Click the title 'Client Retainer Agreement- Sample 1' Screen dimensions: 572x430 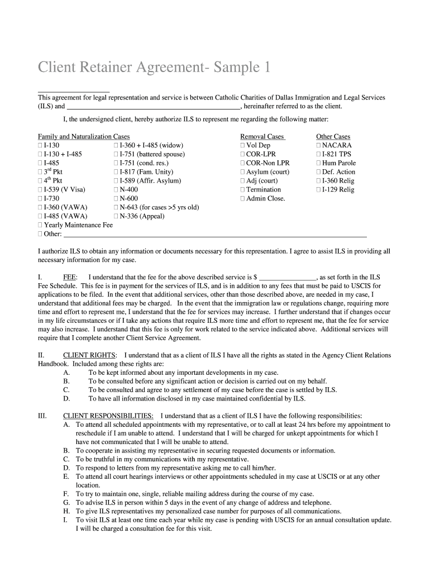pyautogui.click(x=154, y=68)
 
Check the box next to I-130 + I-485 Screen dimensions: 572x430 pyautogui.click(x=40, y=154)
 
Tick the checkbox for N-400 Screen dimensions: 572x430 pyautogui.click(x=116, y=190)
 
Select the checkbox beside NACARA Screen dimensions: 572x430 pyautogui.click(x=319, y=145)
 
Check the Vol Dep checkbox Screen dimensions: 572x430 pyautogui.click(x=243, y=145)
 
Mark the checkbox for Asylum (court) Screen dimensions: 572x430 pyautogui.click(x=243, y=172)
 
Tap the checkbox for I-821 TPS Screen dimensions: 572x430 pyautogui.click(x=319, y=154)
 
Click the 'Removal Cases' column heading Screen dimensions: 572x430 pyautogui.click(x=262, y=136)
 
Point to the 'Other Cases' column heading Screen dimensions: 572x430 pyautogui.click(x=333, y=136)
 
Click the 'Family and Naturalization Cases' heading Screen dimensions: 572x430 pyautogui.click(x=83, y=136)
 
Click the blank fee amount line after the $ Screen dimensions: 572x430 pyautogui.click(x=288, y=277)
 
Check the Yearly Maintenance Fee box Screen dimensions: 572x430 pyautogui.click(x=40, y=225)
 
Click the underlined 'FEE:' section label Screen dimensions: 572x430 pyautogui.click(x=70, y=277)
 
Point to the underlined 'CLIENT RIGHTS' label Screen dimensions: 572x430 pyautogui.click(x=90, y=355)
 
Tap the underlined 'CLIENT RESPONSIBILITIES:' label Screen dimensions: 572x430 pyautogui.click(x=108, y=416)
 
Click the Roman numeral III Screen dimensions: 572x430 pyautogui.click(x=42, y=416)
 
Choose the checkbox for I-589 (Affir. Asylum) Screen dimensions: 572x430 pyautogui.click(x=116, y=181)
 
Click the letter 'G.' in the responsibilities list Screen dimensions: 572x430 pyautogui.click(x=66, y=503)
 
